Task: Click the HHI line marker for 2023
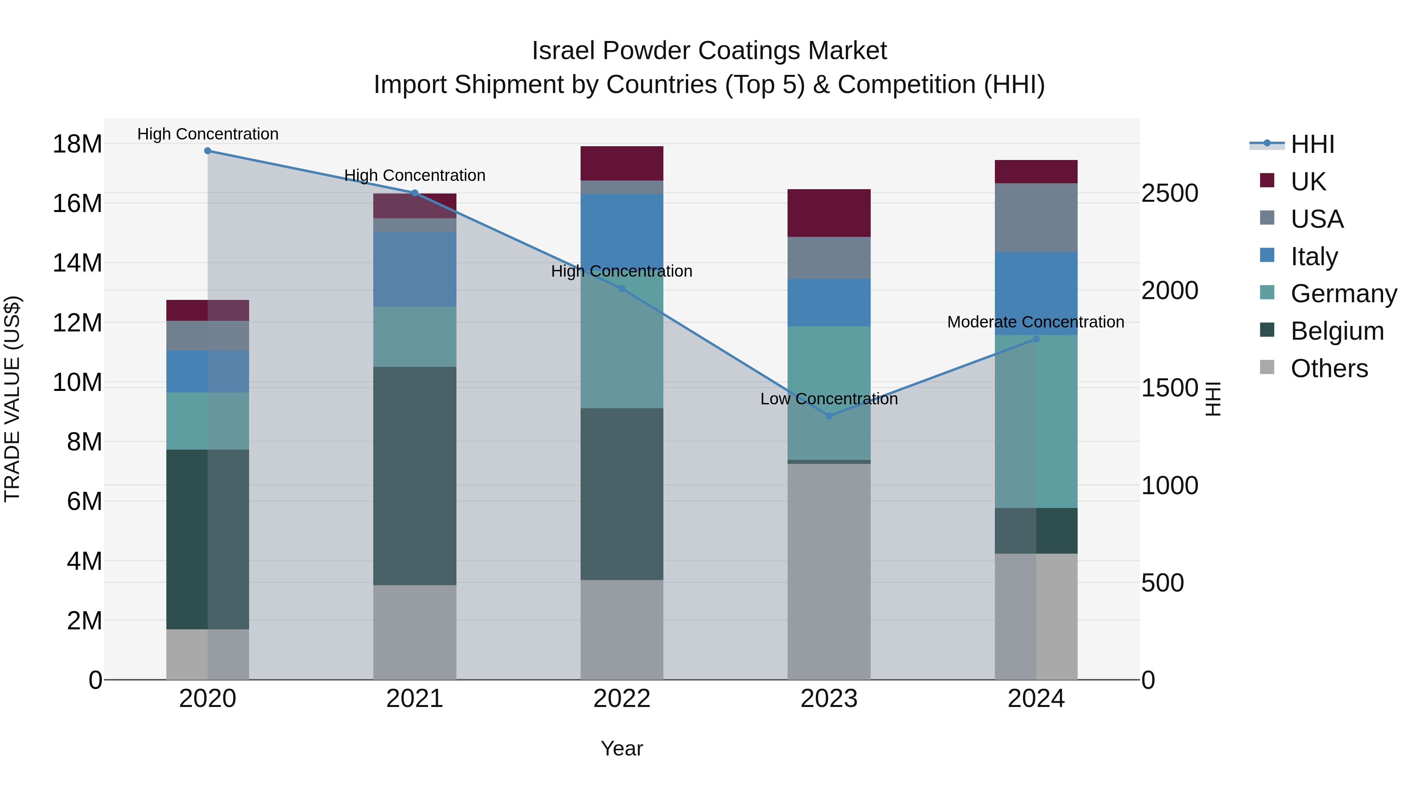(829, 416)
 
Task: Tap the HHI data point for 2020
(208, 151)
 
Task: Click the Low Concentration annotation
(829, 399)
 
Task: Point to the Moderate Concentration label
(1035, 322)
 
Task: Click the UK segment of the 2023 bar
(829, 213)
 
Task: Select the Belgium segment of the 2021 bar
(415, 476)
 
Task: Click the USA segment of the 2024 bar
(1036, 218)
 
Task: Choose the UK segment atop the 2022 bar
(622, 164)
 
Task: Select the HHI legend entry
(1312, 144)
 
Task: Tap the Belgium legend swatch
(1267, 331)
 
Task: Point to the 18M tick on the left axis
(77, 144)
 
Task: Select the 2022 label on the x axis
(622, 699)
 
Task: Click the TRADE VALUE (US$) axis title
(12, 399)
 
